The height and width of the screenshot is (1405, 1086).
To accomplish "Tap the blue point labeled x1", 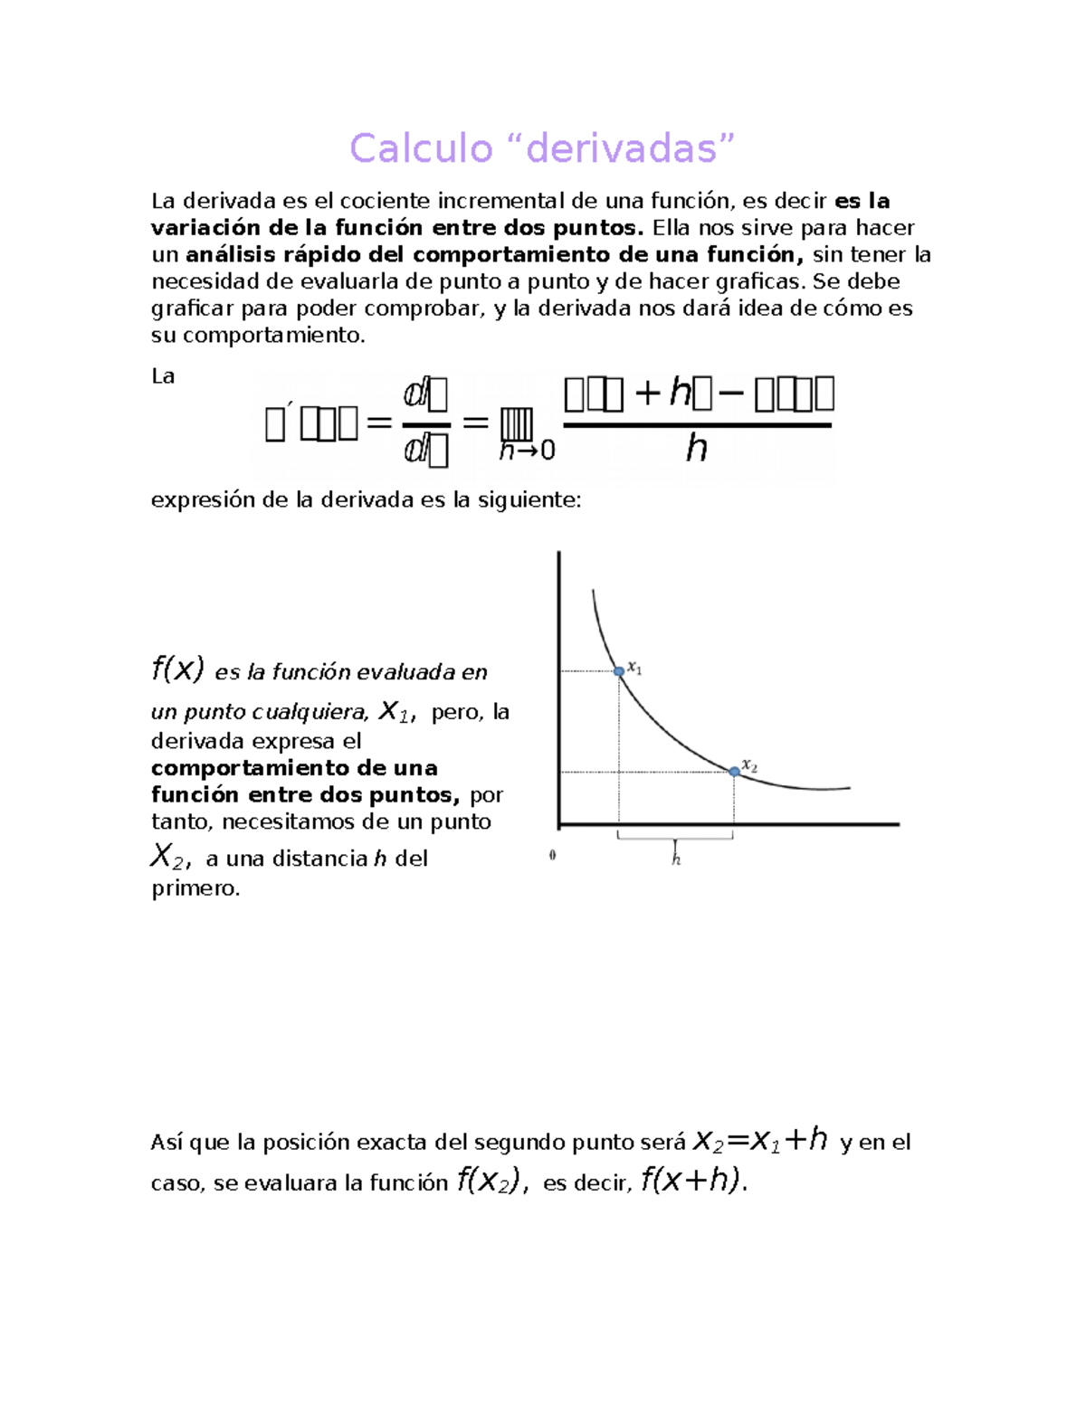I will click(619, 671).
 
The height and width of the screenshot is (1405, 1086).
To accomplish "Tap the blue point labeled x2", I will click(734, 772).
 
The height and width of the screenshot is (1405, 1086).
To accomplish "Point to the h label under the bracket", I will click(676, 859).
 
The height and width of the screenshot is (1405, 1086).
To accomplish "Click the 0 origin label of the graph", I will click(552, 855).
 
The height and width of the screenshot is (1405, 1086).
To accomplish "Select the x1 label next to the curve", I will click(635, 669).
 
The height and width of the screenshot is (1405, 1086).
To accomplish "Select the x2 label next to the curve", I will click(749, 765).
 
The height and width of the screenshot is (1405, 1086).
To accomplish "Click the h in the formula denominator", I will click(695, 448).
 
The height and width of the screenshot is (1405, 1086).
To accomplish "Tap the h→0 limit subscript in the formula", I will click(527, 451).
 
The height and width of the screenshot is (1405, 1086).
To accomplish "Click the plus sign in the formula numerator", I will click(647, 394).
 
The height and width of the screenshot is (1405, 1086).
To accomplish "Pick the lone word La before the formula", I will click(163, 376).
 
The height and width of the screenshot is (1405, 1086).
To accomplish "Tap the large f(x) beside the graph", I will click(177, 669).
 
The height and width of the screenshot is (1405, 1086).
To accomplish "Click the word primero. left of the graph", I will click(195, 888).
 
